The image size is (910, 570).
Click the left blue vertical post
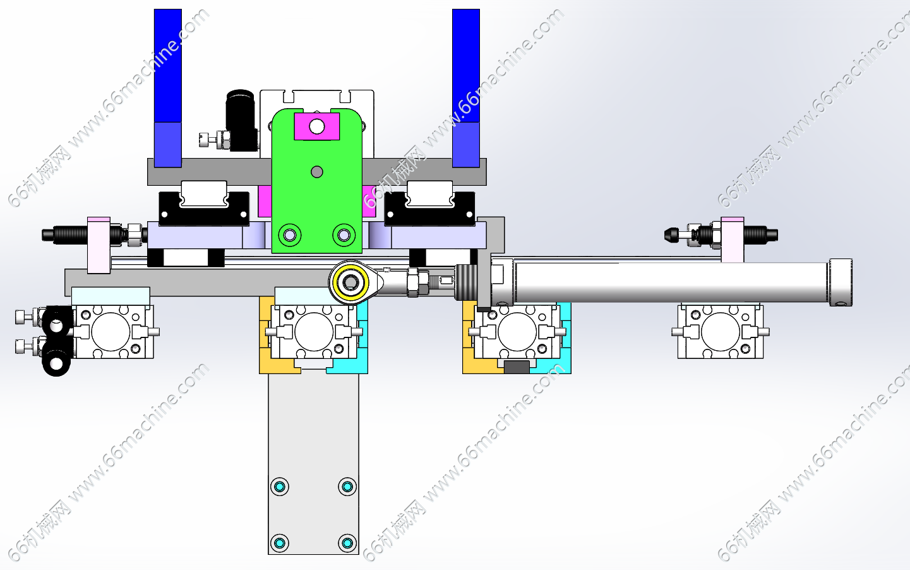tap(168, 88)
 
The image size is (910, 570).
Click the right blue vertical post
tap(466, 88)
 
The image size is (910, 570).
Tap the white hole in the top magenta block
tap(317, 126)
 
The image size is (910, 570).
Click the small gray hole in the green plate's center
tap(317, 172)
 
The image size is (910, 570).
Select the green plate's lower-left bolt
tap(290, 235)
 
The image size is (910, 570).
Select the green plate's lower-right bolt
tap(344, 235)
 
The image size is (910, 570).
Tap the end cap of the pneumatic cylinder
tap(840, 282)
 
